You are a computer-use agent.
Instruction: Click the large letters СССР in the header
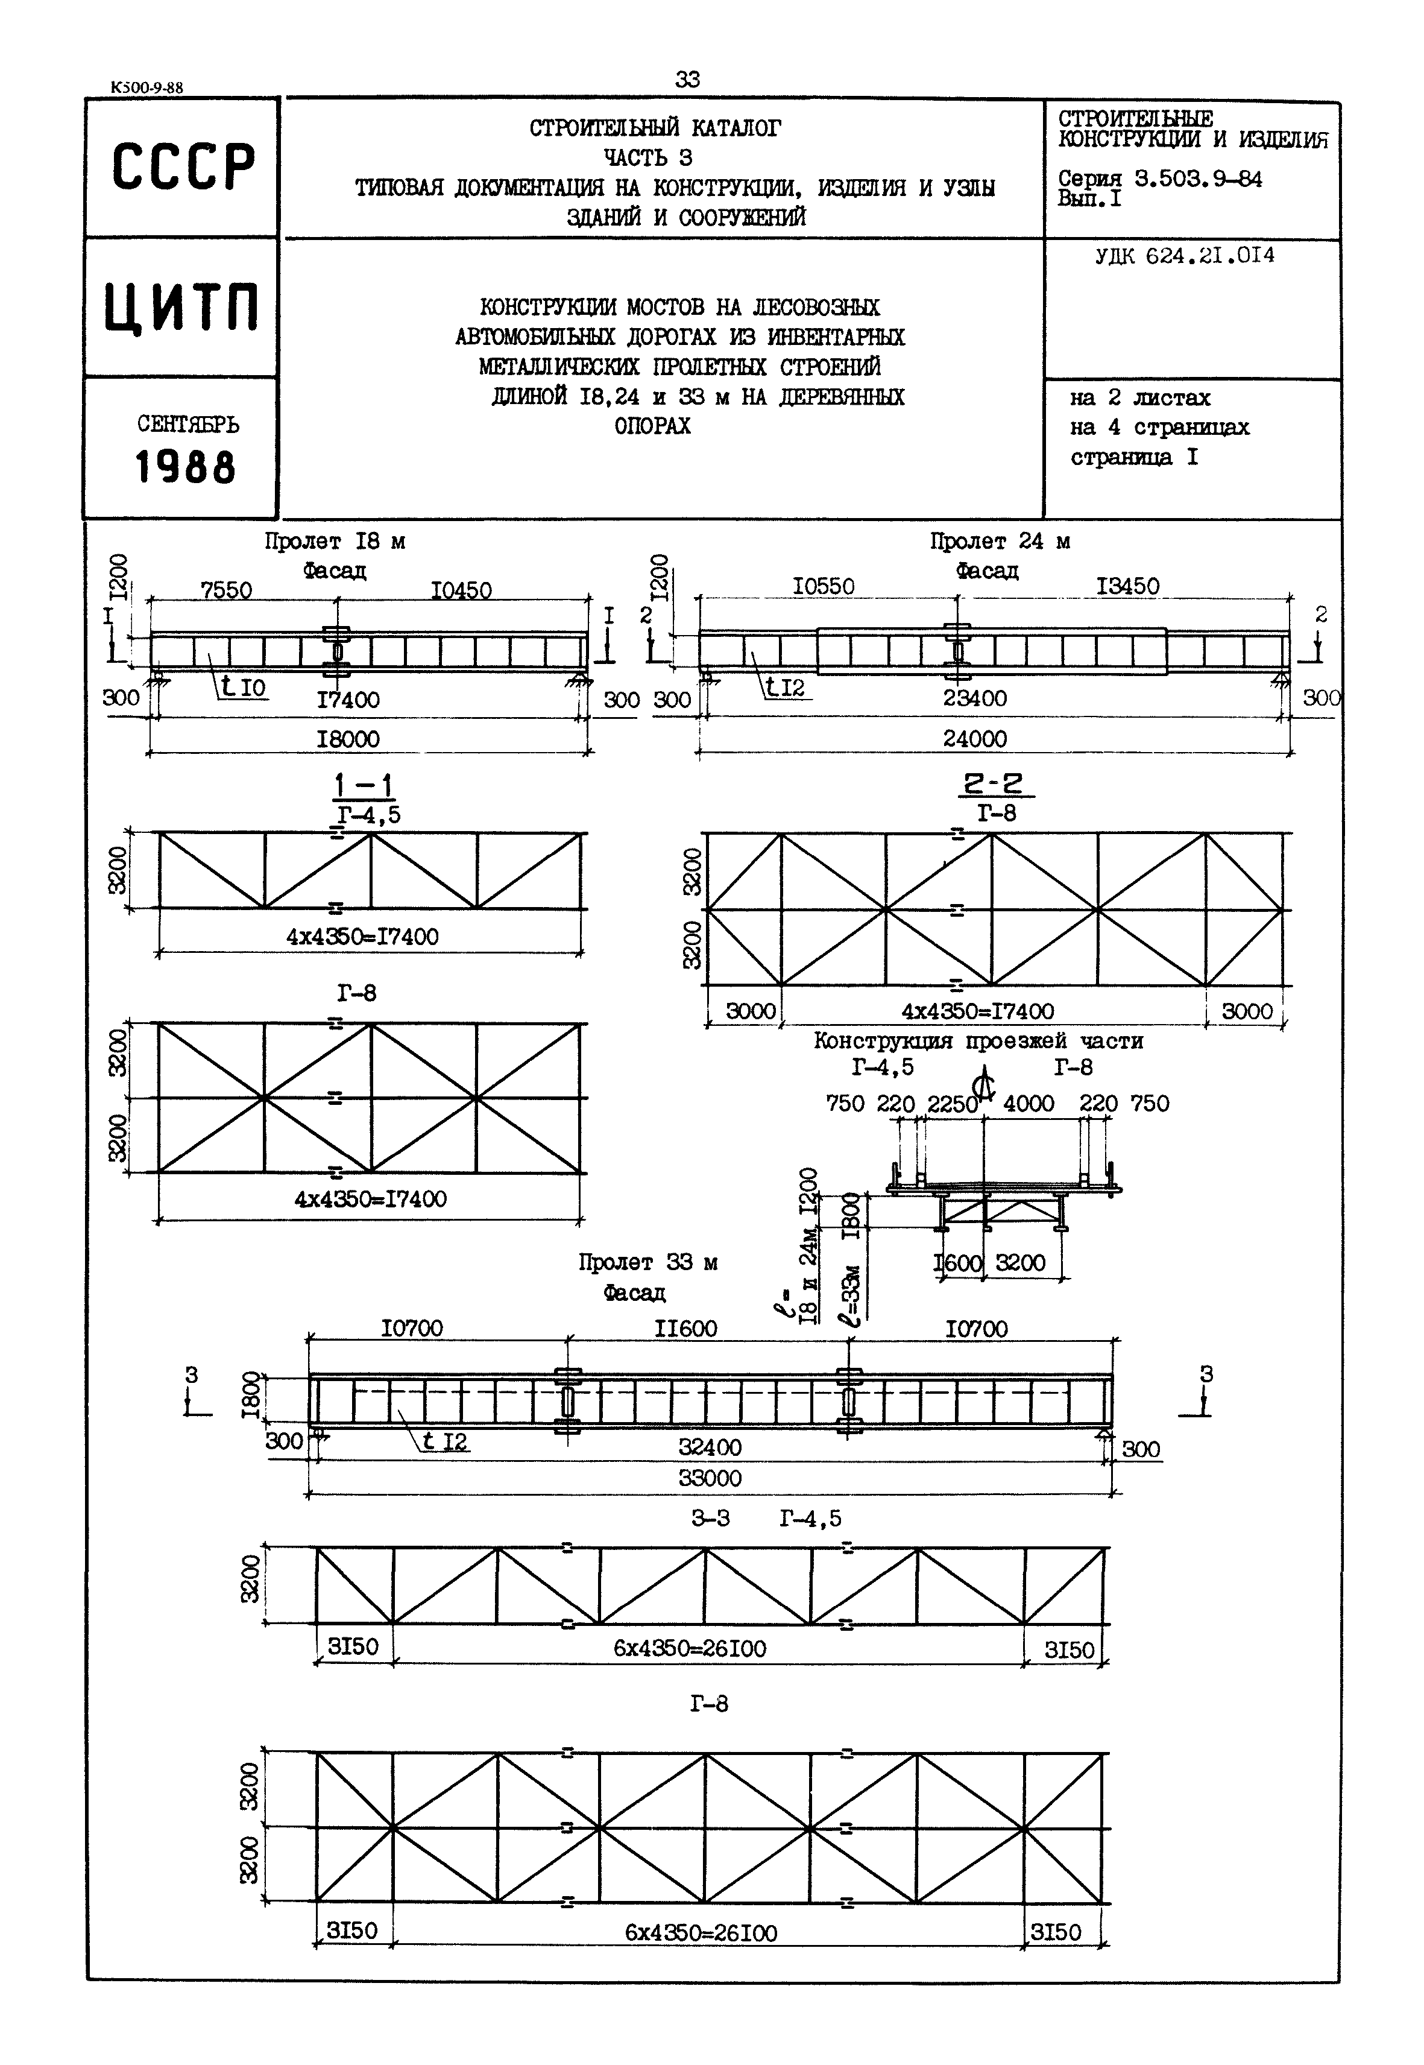tap(183, 167)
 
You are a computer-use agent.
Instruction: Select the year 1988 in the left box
tap(186, 467)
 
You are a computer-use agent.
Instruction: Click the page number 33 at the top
tap(687, 80)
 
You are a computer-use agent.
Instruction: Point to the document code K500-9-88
tap(147, 87)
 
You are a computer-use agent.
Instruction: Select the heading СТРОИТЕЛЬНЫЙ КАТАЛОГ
tap(655, 128)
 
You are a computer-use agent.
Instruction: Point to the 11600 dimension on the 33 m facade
tap(685, 1329)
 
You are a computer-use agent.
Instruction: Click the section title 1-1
tap(364, 786)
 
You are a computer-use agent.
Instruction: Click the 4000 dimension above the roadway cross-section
tap(1029, 1104)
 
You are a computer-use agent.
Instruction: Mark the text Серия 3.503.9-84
tap(1160, 179)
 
